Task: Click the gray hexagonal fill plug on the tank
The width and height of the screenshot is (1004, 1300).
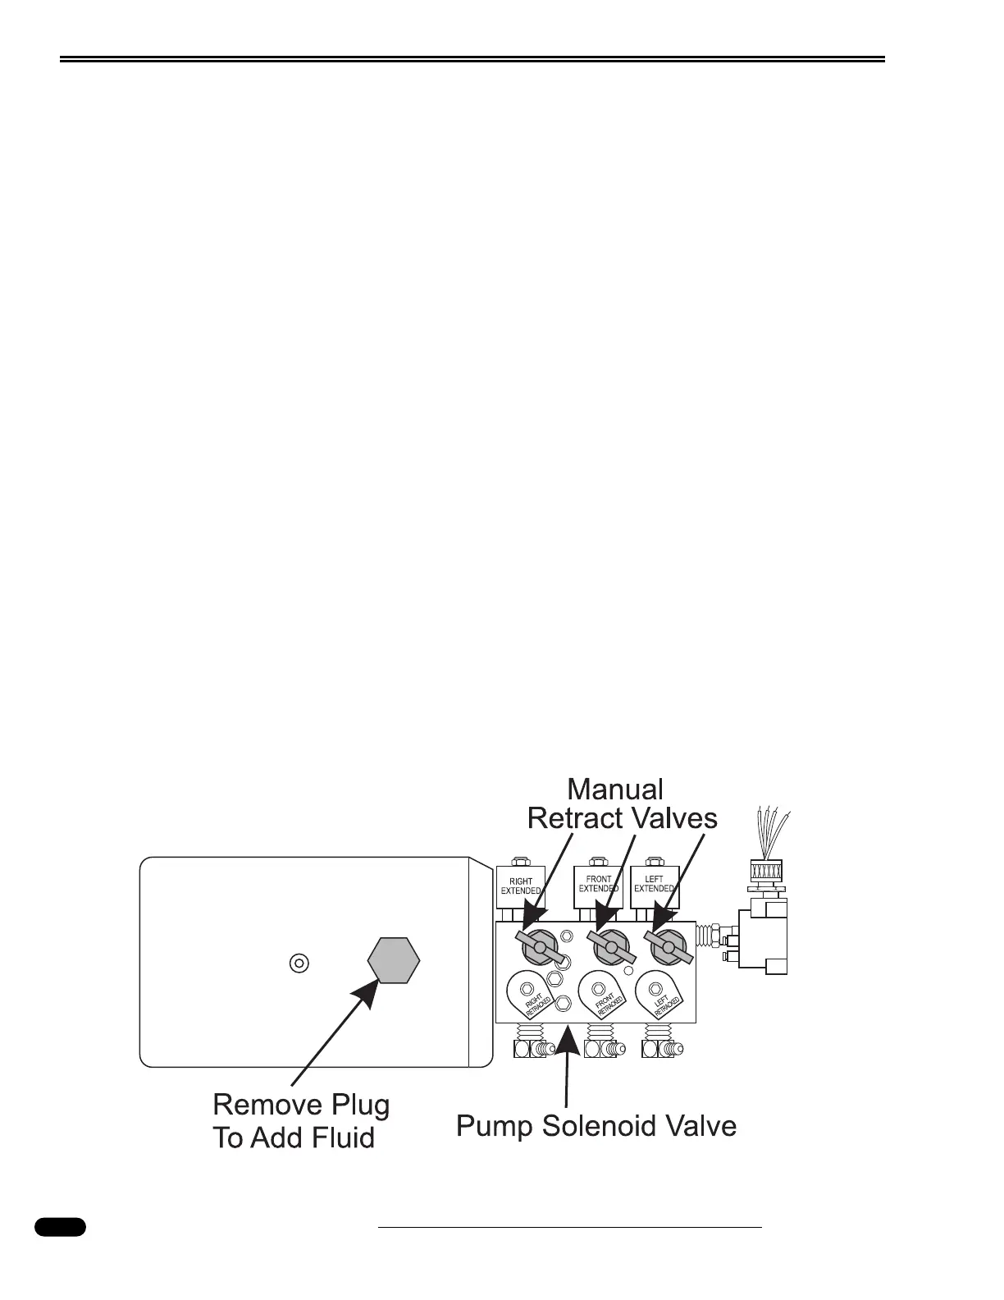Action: point(394,959)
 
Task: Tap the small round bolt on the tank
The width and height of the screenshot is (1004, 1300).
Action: point(299,963)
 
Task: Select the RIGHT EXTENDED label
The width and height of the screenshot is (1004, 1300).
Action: point(521,886)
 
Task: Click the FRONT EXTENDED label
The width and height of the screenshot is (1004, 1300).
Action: point(599,884)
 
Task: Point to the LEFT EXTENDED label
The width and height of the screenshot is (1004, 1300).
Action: point(655,884)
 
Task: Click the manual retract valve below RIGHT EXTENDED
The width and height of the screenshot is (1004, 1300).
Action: point(540,948)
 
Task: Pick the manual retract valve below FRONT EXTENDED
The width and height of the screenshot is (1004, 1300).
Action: point(611,948)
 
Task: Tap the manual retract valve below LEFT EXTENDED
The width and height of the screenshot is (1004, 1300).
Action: point(669,948)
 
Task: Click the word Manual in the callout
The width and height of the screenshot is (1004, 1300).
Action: point(615,790)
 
